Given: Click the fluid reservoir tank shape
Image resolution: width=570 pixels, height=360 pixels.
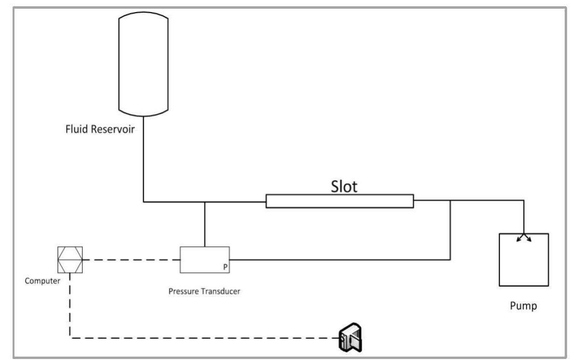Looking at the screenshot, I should click(143, 63).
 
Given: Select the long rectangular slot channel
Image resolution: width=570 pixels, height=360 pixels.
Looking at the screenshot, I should click(339, 201).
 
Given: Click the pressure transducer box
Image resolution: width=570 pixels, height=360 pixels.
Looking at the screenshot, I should click(204, 259).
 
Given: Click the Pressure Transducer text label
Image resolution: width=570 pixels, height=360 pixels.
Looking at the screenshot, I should click(204, 291).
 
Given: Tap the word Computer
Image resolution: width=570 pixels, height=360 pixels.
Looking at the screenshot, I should click(42, 281).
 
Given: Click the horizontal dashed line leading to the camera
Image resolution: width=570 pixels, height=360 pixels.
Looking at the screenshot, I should click(203, 338).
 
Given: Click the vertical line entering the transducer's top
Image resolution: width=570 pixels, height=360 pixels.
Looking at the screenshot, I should click(205, 224).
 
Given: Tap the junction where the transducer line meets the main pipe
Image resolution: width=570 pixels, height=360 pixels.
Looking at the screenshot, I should click(205, 202).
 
